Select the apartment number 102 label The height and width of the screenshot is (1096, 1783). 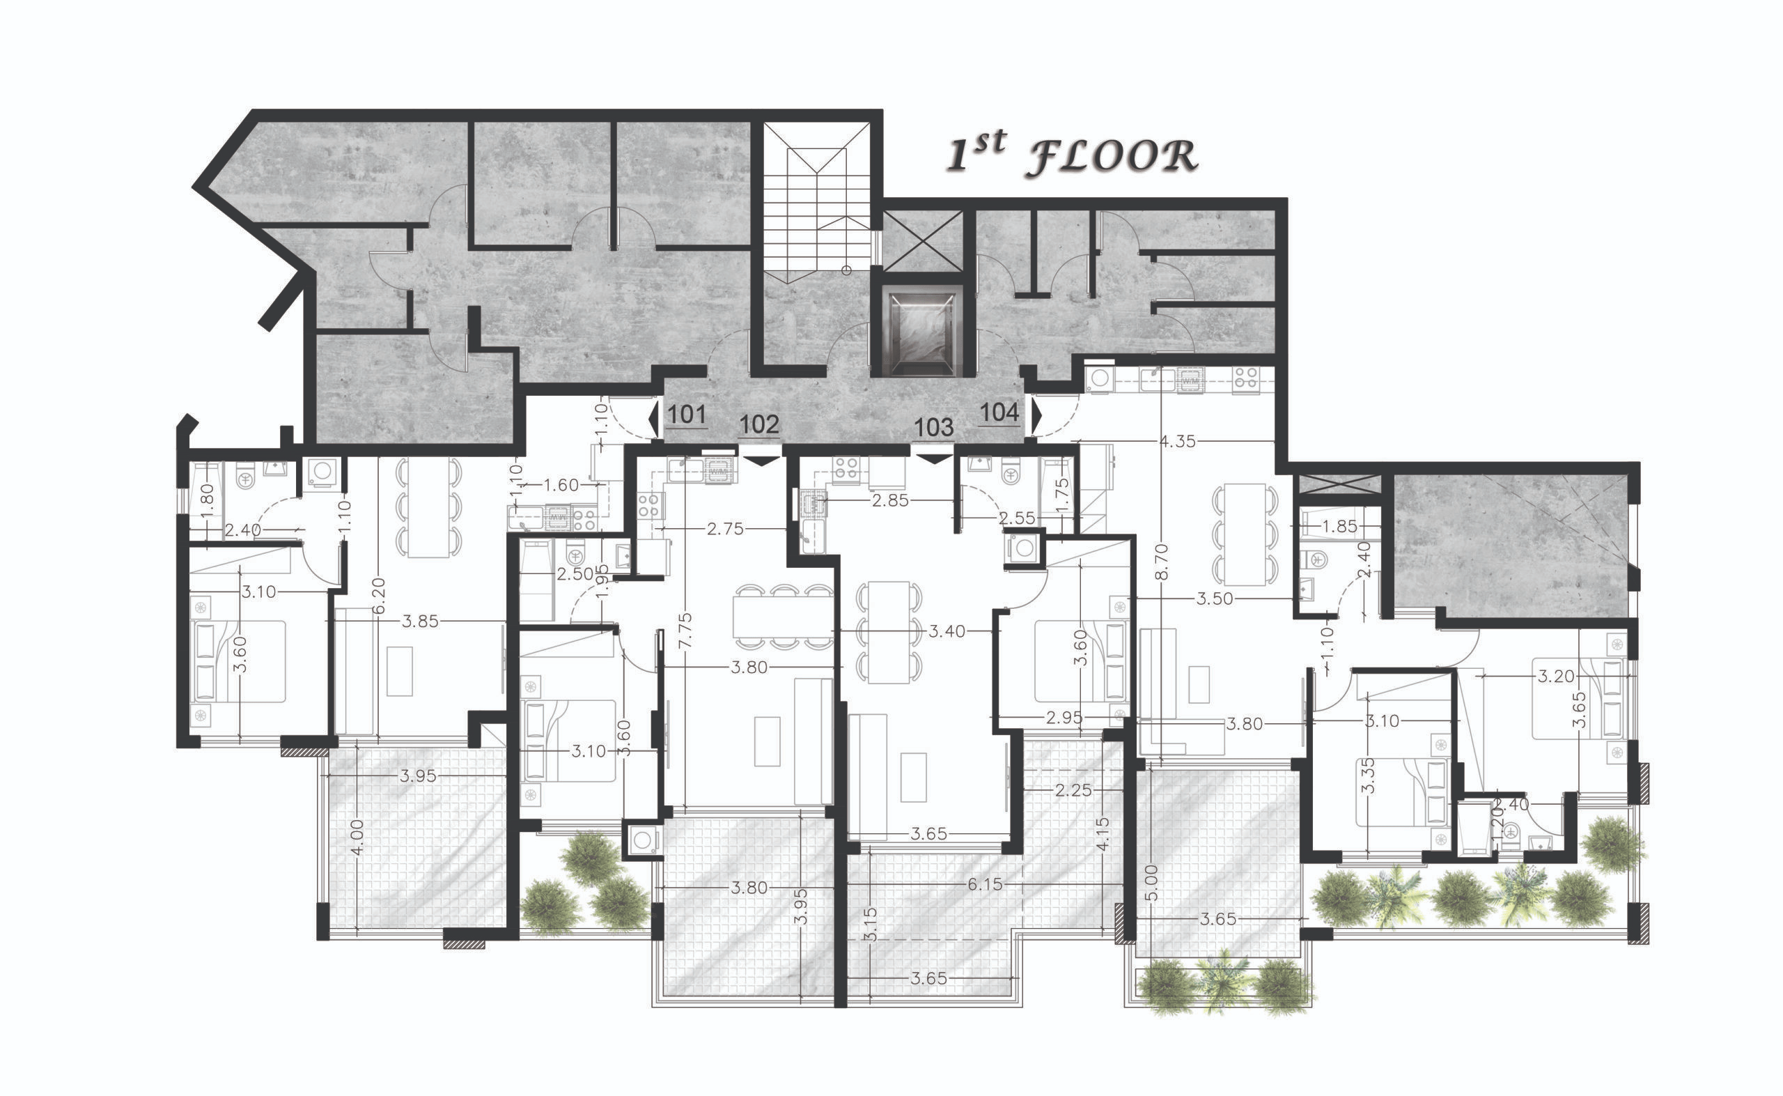[759, 424]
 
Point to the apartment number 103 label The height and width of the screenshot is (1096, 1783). [934, 427]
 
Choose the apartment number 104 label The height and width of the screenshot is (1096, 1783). [999, 412]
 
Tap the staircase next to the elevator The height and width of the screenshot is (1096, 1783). [816, 197]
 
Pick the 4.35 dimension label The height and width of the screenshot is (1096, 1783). [1177, 441]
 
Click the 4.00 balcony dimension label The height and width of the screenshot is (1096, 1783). [357, 838]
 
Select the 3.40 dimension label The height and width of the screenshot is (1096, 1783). [947, 631]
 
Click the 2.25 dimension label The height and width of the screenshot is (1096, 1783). [1073, 790]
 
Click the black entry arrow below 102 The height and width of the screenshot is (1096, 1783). [760, 461]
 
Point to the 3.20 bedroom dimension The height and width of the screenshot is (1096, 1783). [1555, 677]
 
